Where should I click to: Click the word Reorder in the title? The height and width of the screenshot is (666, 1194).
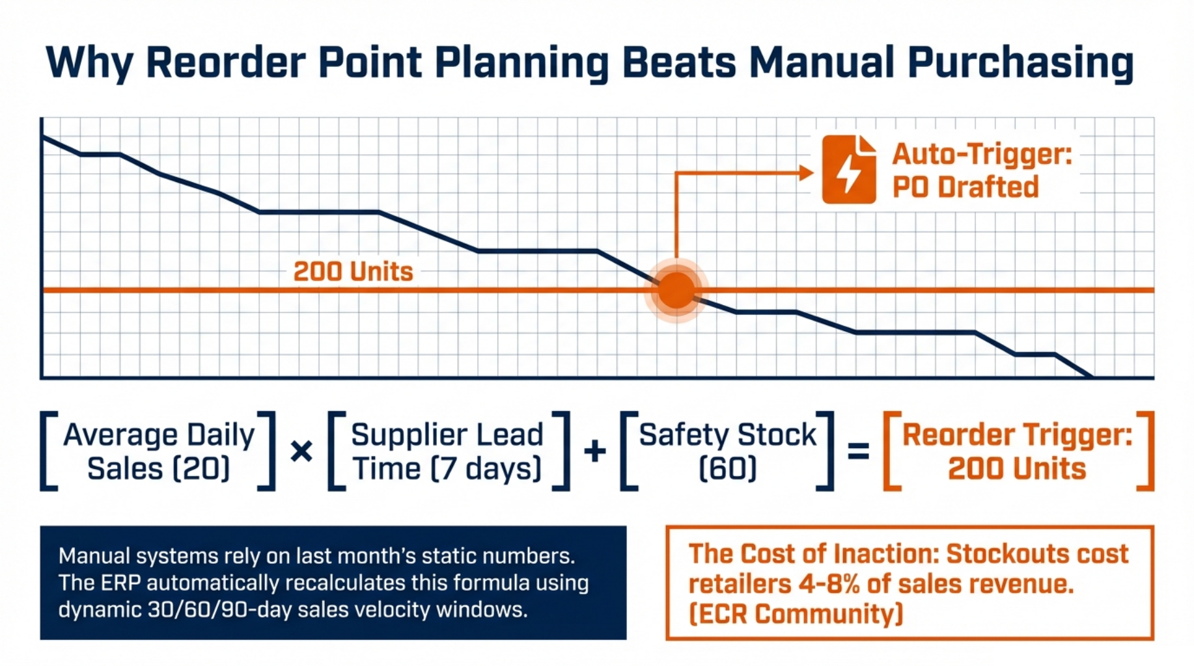225,62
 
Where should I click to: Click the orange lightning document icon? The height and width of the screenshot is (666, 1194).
848,170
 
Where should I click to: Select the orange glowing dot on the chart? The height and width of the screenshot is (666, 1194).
676,290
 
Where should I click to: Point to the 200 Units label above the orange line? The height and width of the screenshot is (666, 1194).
353,271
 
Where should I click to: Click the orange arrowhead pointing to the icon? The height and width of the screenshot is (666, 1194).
807,173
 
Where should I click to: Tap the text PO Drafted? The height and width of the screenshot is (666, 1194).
965,187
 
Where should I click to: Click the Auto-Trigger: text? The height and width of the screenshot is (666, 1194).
982,155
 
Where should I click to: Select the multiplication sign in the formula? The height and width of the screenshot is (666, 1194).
301,451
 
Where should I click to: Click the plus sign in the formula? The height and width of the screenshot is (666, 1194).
595,451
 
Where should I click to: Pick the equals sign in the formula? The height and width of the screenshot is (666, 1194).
858,451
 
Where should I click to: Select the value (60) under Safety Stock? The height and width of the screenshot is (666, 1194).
727,468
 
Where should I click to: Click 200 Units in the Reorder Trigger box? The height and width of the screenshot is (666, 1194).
1017,468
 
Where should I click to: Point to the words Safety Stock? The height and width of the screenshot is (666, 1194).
727,434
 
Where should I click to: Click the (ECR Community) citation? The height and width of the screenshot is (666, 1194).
796,614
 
